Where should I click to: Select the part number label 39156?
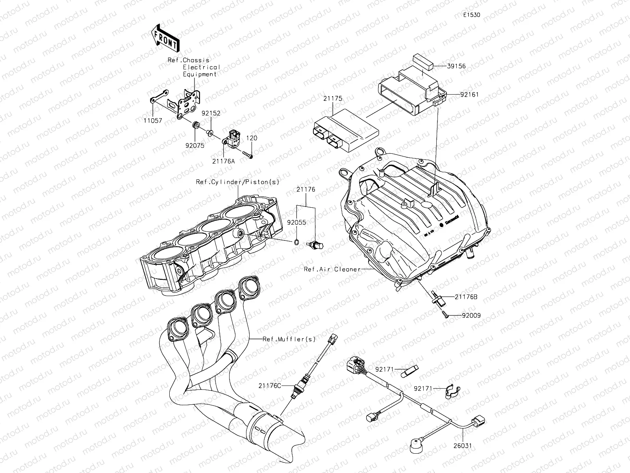456,66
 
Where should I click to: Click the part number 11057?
153,121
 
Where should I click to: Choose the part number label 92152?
211,113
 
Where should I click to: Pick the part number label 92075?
195,145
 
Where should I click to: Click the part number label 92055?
296,222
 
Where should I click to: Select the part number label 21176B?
466,297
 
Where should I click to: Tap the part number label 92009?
471,316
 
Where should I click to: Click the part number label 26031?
462,446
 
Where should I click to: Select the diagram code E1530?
471,15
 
